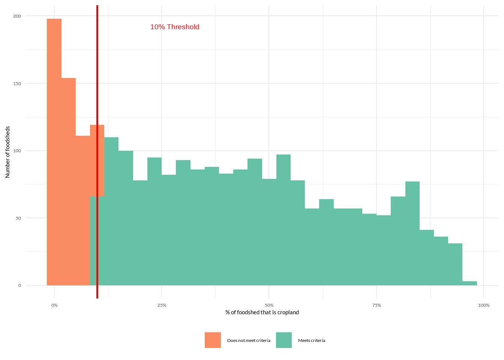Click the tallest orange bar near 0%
tap(54, 150)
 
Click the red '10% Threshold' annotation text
tap(175, 27)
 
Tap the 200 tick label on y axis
tap(18, 16)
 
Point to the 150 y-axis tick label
tap(18, 83)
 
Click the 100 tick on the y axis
tap(18, 151)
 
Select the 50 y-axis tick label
tap(18, 218)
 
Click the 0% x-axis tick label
tap(54, 305)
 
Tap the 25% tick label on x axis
tap(162, 305)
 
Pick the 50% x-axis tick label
tap(269, 305)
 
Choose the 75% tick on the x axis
tap(376, 305)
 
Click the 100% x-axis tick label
tap(484, 305)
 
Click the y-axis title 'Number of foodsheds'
tap(7, 152)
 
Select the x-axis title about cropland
tap(262, 312)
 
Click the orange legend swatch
tap(213, 340)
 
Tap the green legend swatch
tap(284, 340)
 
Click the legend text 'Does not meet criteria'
tap(249, 340)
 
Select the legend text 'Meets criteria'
tap(312, 340)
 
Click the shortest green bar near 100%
tap(469, 283)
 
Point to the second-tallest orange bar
tap(69, 180)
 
